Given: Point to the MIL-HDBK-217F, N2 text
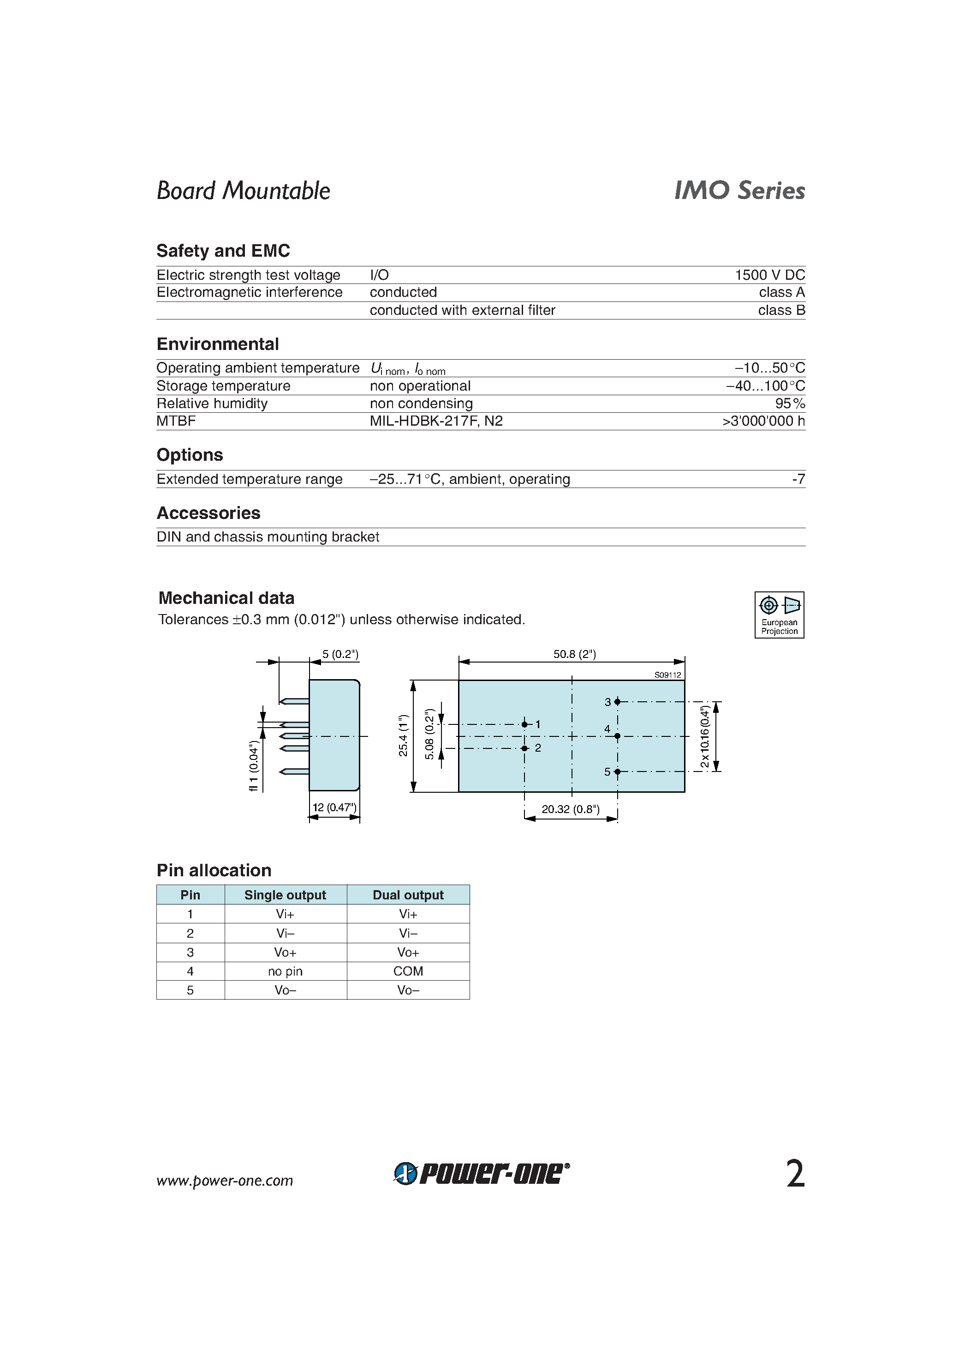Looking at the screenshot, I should click(436, 421).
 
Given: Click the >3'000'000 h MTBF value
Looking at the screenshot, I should click(763, 421).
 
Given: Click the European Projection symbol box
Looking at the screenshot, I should click(779, 615).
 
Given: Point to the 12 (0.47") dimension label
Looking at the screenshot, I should click(334, 808).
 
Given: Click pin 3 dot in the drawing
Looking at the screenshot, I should click(617, 701).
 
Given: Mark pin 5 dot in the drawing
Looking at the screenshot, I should click(617, 771).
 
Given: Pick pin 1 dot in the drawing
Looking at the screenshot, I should click(524, 724).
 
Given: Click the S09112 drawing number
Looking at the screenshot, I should click(667, 675).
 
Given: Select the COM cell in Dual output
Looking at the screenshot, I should click(408, 971).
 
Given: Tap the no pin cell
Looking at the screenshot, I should click(285, 971).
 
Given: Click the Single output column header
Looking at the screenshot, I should click(285, 895).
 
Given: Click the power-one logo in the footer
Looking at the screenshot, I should click(481, 1174).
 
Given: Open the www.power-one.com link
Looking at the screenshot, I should click(225, 1181).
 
